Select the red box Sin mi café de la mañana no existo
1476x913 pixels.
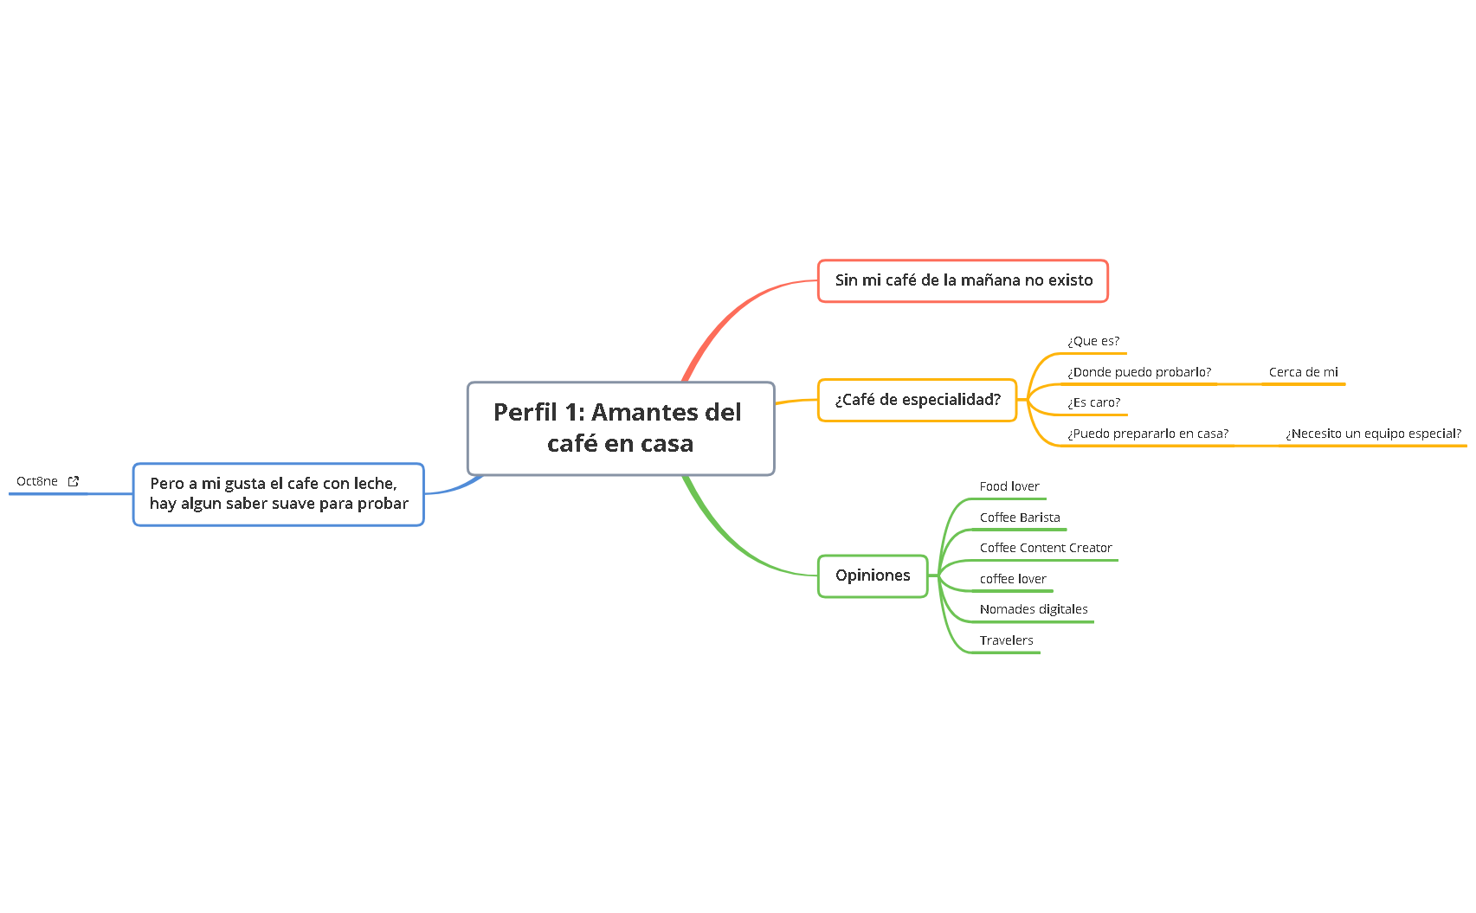pos(963,280)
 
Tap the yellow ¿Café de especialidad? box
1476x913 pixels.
pos(917,400)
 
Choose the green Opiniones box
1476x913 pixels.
pos(872,575)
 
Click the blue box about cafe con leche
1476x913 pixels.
pos(278,494)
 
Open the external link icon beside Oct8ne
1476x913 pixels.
pos(74,481)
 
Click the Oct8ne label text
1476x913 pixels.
pos(37,481)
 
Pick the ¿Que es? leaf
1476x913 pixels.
pos(1092,342)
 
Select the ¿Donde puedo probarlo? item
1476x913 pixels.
pos(1138,372)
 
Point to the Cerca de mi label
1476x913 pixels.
pos(1303,372)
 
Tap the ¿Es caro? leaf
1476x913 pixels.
pos(1093,402)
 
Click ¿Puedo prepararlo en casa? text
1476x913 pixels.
pos(1147,434)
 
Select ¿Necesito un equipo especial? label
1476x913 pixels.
pos(1373,434)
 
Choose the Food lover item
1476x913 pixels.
pos(1009,486)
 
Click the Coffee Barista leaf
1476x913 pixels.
pos(1019,518)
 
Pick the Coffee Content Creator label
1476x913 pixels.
pos(1045,548)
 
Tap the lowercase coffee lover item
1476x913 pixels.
pos(1012,579)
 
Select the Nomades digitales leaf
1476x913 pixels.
pos(1033,609)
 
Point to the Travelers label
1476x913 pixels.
pos(1006,640)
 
